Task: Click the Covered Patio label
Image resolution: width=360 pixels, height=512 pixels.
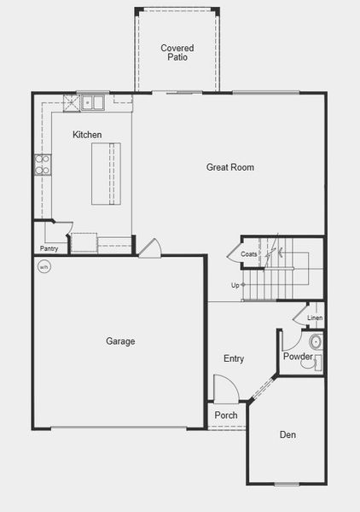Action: click(177, 53)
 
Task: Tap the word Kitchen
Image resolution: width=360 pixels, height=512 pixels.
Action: click(87, 135)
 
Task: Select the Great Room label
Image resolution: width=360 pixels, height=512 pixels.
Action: click(230, 167)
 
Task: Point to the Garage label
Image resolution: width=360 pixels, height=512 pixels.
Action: click(120, 341)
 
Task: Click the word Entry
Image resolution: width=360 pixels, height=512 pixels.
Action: click(234, 358)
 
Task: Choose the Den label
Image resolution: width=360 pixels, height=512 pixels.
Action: click(288, 435)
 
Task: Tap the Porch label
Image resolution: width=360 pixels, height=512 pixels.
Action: click(226, 416)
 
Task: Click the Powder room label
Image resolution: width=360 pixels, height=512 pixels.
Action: click(298, 357)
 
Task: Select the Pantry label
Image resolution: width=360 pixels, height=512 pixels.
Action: click(48, 249)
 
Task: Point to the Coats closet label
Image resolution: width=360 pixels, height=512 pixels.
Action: click(249, 254)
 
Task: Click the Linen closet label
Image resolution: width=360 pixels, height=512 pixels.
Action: click(315, 318)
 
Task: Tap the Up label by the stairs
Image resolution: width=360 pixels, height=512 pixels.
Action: click(235, 285)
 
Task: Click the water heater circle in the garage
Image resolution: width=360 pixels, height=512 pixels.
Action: click(44, 266)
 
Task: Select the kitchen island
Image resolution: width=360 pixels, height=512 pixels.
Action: click(107, 173)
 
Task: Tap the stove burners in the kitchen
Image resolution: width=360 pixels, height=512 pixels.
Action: click(40, 164)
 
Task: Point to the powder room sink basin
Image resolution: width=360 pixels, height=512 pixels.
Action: click(315, 343)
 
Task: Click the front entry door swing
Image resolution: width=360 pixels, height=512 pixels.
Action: click(225, 391)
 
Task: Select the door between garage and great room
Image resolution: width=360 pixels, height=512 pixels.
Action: click(149, 248)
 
